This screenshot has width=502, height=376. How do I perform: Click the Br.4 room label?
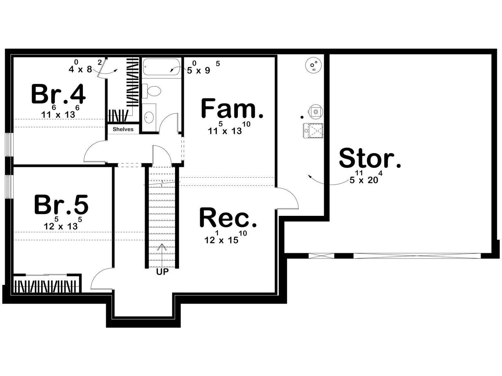58,94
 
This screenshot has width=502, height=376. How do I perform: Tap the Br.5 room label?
61,204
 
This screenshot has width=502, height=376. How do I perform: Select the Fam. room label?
232,108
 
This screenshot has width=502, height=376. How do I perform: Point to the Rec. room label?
228,217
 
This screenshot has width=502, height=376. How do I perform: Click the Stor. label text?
370,158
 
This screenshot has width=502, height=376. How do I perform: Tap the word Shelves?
123,129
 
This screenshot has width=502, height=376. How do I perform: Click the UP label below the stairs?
163,272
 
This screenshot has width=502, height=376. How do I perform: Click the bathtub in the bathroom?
162,66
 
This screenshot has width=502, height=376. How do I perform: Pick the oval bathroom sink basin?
149,117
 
